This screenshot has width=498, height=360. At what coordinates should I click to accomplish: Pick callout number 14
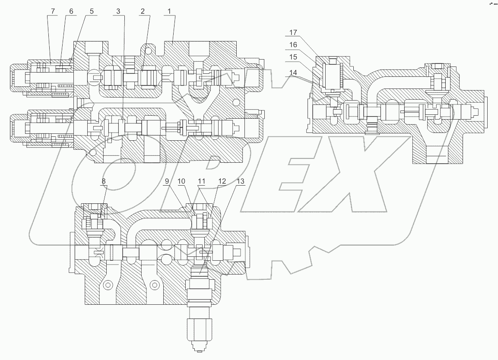pos(293,73)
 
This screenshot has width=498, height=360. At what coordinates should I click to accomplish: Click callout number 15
pos(293,57)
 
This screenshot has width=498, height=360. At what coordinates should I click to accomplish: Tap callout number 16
pos(293,44)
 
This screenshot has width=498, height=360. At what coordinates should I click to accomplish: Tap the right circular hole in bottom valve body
pos(154,285)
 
